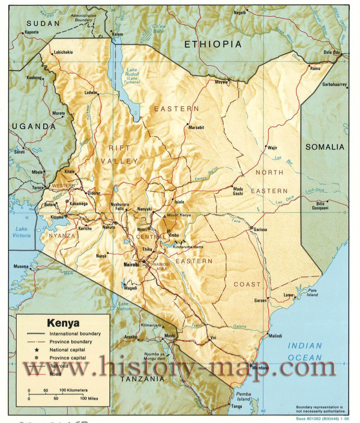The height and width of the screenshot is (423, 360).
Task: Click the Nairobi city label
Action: (x=131, y=265)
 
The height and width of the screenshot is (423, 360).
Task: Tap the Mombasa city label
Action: (x=260, y=368)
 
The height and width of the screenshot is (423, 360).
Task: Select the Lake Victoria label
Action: (x=21, y=232)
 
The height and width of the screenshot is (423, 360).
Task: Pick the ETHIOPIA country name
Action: (x=212, y=44)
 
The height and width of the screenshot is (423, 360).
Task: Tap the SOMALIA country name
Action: (x=325, y=147)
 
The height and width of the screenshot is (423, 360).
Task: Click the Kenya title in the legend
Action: (x=63, y=323)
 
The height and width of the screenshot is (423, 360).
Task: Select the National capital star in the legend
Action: (x=36, y=349)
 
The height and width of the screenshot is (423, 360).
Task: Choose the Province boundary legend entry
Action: (x=71, y=342)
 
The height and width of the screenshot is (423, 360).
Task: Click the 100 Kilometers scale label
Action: (x=73, y=390)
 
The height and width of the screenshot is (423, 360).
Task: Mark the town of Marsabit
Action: (x=196, y=127)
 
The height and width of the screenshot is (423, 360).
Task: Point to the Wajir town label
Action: (x=272, y=148)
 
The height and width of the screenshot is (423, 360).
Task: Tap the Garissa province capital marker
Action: (x=252, y=227)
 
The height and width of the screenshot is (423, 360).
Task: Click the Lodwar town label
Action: (x=91, y=93)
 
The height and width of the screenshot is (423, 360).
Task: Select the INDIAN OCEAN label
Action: (x=304, y=351)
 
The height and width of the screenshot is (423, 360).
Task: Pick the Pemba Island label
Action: (x=243, y=396)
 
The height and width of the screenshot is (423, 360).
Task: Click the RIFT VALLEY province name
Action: (x=119, y=154)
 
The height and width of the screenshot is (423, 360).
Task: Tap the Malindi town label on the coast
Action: (x=275, y=336)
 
